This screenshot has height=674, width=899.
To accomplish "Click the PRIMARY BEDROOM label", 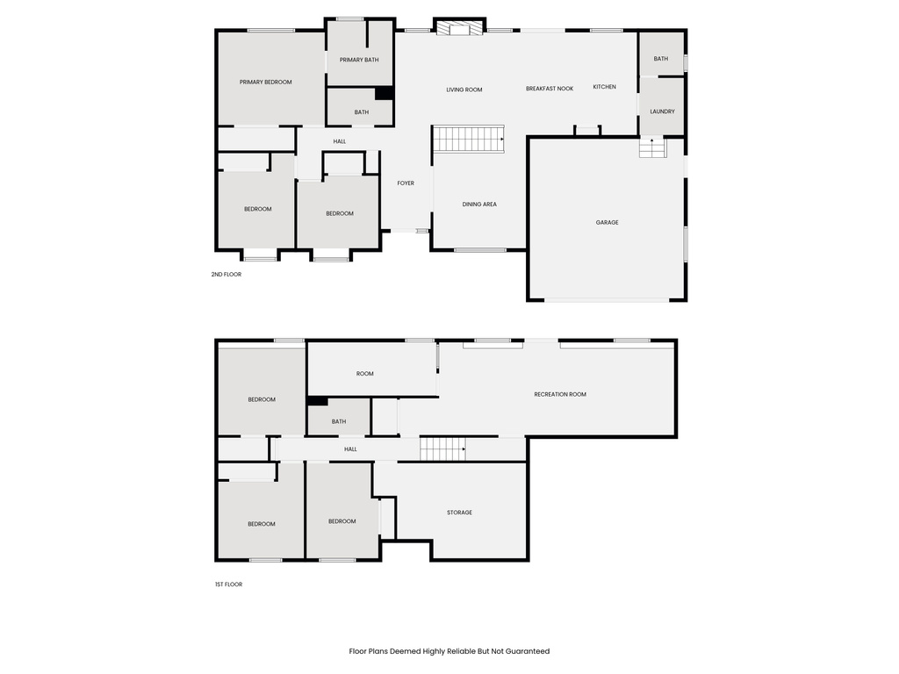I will pos(265,82).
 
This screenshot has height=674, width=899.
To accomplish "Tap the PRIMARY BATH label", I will pos(359,60).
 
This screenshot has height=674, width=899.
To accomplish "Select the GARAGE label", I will pos(607,222).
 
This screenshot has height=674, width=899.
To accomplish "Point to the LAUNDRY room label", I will pos(662,111).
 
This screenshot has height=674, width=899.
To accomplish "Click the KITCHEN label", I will pos(604,87).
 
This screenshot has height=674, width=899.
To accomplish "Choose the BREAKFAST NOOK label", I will pos(550,89).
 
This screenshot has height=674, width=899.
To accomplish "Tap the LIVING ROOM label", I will pos(464,90).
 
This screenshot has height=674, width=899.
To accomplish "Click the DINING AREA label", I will pos(479,204).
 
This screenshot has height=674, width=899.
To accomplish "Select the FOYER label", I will pos(405,183).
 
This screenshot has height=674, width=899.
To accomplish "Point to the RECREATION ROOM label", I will pos(559,394).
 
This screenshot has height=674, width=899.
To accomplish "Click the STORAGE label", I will pos(459,513).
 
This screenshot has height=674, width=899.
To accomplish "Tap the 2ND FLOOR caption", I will pos(226,275).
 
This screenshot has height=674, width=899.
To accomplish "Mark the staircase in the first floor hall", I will pos(442,449).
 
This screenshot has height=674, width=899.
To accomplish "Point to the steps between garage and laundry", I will pos(651,148).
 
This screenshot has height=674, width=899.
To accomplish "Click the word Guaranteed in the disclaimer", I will pos(526,651).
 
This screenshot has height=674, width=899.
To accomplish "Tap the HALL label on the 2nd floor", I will pos(340,141).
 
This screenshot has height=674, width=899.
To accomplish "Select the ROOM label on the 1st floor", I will pos(364,374).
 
